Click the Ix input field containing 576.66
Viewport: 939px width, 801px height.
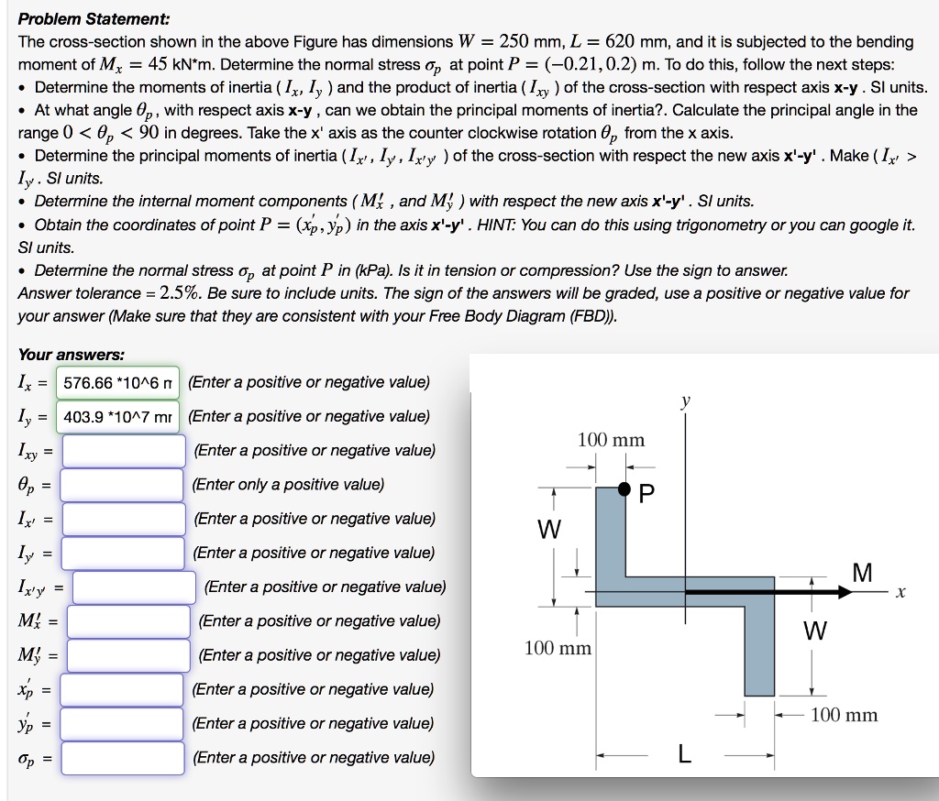[117, 382]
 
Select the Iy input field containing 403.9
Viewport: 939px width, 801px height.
[117, 417]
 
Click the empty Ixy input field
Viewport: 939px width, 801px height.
[124, 451]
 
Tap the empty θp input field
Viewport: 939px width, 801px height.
[124, 485]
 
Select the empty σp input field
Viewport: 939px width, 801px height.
[124, 758]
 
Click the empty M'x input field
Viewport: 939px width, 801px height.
[128, 621]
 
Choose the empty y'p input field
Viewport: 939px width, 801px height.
[124, 724]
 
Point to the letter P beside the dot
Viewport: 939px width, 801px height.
[646, 495]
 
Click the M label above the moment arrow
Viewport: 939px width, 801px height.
[862, 573]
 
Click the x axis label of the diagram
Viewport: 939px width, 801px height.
[902, 594]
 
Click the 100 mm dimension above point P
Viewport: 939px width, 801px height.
[611, 440]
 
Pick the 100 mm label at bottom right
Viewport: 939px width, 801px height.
[845, 715]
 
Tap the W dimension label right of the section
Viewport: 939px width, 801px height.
[814, 631]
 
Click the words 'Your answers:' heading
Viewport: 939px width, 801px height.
[72, 355]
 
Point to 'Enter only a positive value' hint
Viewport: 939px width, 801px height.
[288, 485]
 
